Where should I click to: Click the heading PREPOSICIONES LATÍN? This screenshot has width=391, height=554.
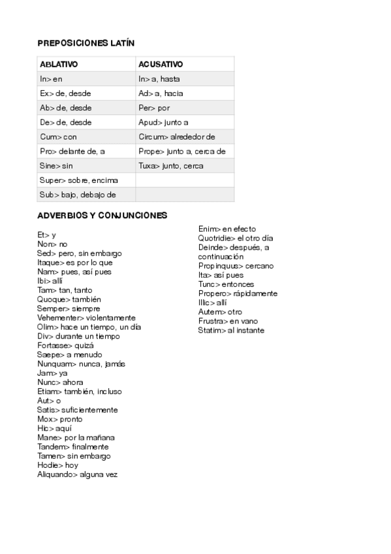pos(86,43)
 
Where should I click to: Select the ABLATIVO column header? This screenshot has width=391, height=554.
pos(59,65)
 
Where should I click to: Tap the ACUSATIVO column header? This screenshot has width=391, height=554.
pos(161,65)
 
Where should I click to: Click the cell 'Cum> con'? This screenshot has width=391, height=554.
pos(58,137)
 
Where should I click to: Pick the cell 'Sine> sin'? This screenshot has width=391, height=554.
pos(56,166)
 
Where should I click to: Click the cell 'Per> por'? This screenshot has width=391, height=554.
pos(154,108)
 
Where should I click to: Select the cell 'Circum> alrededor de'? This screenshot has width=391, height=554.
pos(177,137)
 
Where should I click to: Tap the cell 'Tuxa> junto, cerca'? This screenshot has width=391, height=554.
pos(171,166)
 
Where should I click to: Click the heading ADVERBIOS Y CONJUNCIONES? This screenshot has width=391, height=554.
pos(102,216)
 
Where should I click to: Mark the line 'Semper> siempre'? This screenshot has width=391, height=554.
pos(69,308)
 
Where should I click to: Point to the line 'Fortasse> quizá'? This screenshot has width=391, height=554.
pos(65,346)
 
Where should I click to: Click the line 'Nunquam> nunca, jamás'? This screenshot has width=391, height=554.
pos(81,364)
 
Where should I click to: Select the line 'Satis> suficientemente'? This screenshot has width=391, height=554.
pos(78,410)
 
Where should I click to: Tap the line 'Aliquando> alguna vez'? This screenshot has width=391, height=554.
pos(77,474)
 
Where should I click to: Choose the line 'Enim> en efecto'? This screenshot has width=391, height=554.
pos(227,229)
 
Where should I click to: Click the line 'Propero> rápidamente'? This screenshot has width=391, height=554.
pos(238,293)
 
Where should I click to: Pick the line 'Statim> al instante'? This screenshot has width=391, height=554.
pos(231,330)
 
